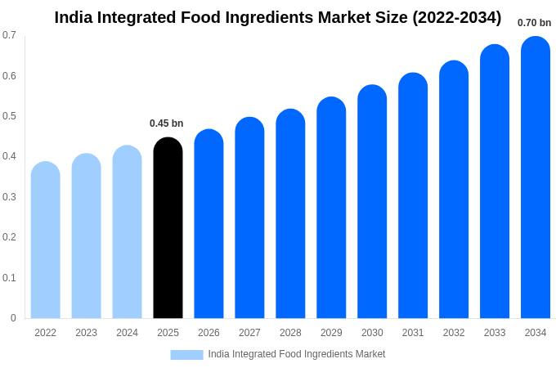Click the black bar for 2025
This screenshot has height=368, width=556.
coord(168,229)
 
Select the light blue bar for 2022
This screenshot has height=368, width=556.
coord(46,241)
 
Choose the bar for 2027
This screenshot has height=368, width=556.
coord(249,219)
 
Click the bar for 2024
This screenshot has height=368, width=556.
coord(127,233)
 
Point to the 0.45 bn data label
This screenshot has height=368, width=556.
coord(166,123)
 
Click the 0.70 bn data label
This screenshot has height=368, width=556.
coord(534,23)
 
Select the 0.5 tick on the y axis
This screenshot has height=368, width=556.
coord(9,116)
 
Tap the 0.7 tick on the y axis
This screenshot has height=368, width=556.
coord(9,35)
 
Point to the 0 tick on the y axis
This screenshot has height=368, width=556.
coord(13,318)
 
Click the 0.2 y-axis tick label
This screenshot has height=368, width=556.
coord(9,237)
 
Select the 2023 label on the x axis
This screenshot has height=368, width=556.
coord(86,333)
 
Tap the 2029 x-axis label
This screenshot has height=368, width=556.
coord(331,333)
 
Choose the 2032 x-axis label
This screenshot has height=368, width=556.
coord(454,333)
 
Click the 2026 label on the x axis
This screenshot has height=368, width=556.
coord(208,333)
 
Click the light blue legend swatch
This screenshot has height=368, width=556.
coord(186,354)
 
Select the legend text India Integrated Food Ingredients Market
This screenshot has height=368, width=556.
coord(296,354)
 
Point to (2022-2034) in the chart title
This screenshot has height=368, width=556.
coord(456,17)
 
